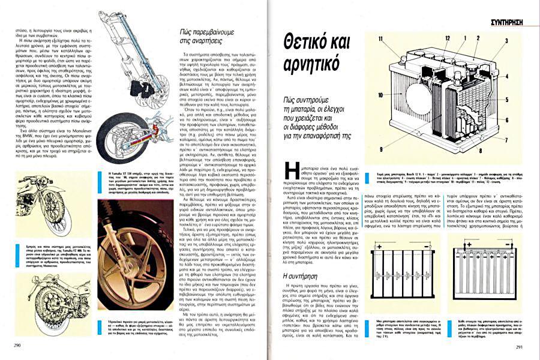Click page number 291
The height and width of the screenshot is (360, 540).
[x=520, y=347]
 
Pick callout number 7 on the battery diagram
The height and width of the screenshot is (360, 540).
[x=508, y=127]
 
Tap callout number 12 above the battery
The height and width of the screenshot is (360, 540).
[x=447, y=37]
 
